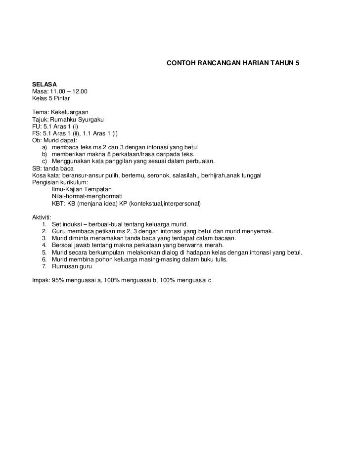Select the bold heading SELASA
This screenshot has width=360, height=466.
pyautogui.click(x=45, y=85)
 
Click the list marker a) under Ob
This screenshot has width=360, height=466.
pyautogui.click(x=45, y=147)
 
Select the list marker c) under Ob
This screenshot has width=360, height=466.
pyautogui.click(x=45, y=161)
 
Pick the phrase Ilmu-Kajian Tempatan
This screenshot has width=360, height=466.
pyautogui.click(x=82, y=189)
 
